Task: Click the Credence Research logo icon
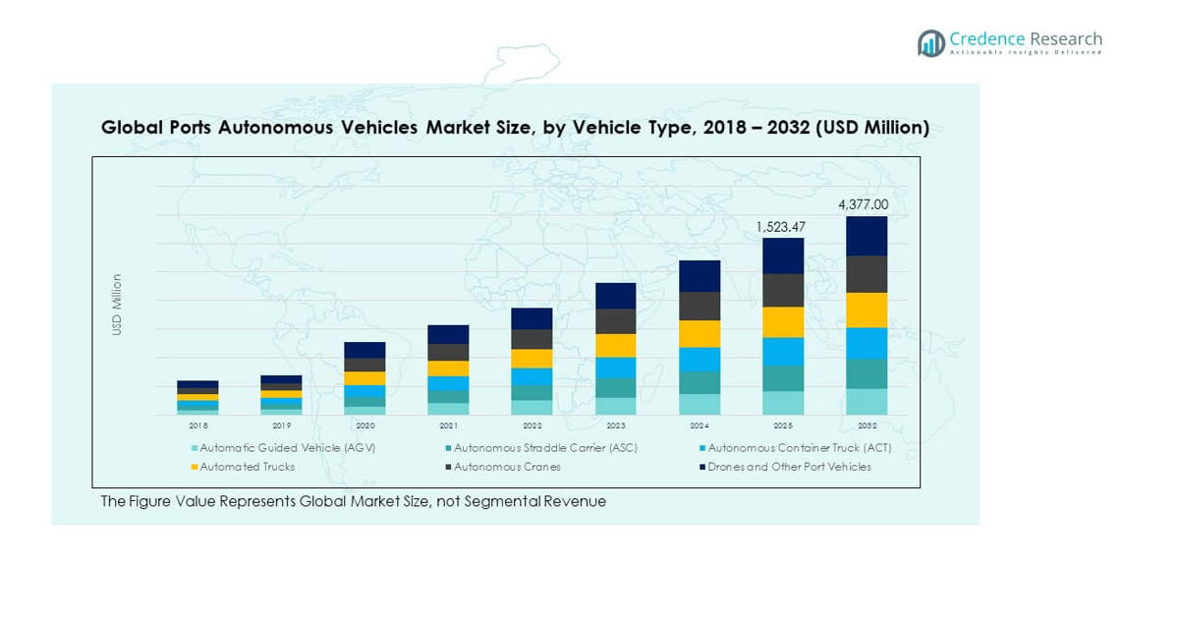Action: pos(930,42)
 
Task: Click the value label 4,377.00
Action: pos(863,205)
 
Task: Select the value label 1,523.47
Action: pos(780,227)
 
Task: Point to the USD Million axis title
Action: pos(117,305)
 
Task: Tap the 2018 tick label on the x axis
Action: pos(198,426)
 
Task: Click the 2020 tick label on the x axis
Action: pos(364,426)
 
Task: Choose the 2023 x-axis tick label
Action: pos(616,426)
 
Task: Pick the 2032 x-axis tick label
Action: pos(867,426)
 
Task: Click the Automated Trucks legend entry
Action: pos(247,467)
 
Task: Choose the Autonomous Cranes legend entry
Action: pos(507,467)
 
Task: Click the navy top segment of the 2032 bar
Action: pos(867,236)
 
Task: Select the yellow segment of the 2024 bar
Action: pos(700,334)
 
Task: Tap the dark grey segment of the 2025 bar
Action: pos(783,290)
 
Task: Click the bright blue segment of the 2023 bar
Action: pos(616,368)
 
